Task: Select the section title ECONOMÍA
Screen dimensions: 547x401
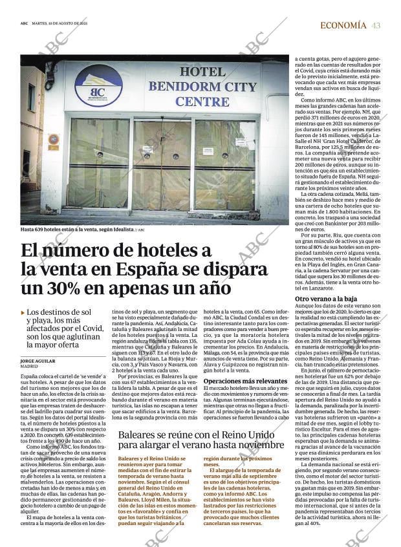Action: [x=343, y=25]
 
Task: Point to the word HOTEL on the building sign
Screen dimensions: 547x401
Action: [x=202, y=72]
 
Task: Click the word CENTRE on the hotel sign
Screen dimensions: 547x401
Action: [x=202, y=102]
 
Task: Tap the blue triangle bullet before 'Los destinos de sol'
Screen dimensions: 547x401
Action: [x=23, y=313]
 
